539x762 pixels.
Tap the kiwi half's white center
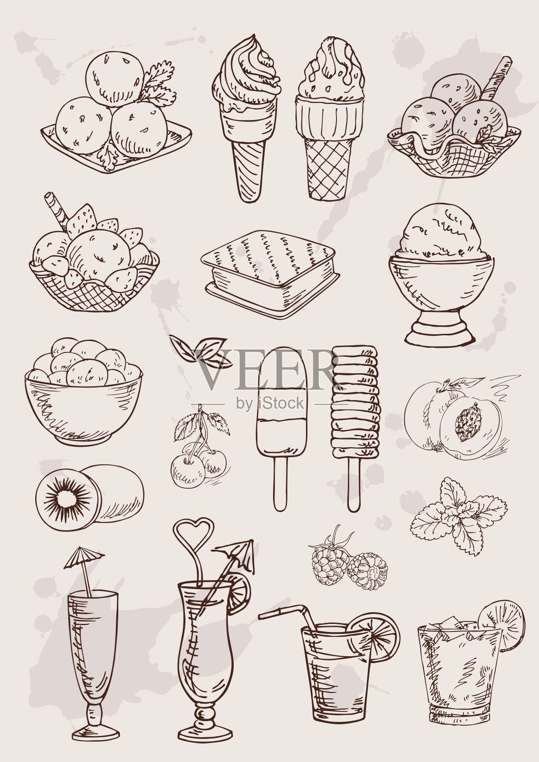(67, 500)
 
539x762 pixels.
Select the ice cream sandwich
(271, 274)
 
